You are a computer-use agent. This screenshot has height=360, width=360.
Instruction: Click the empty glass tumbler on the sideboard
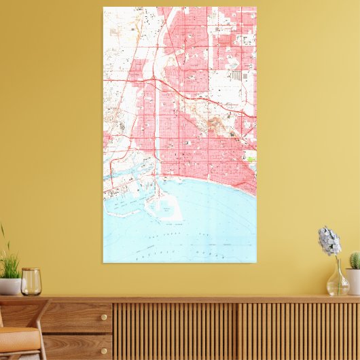point(31,282)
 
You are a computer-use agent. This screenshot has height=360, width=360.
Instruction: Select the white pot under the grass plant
point(10,286)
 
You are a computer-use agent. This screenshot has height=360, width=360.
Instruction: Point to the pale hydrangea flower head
point(329,240)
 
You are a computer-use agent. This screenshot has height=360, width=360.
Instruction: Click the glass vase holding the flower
point(337,282)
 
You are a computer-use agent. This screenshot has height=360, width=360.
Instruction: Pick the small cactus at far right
point(355,260)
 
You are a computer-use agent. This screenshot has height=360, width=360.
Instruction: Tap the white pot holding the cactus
point(353,281)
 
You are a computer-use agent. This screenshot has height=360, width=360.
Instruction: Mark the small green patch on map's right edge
point(252,160)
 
